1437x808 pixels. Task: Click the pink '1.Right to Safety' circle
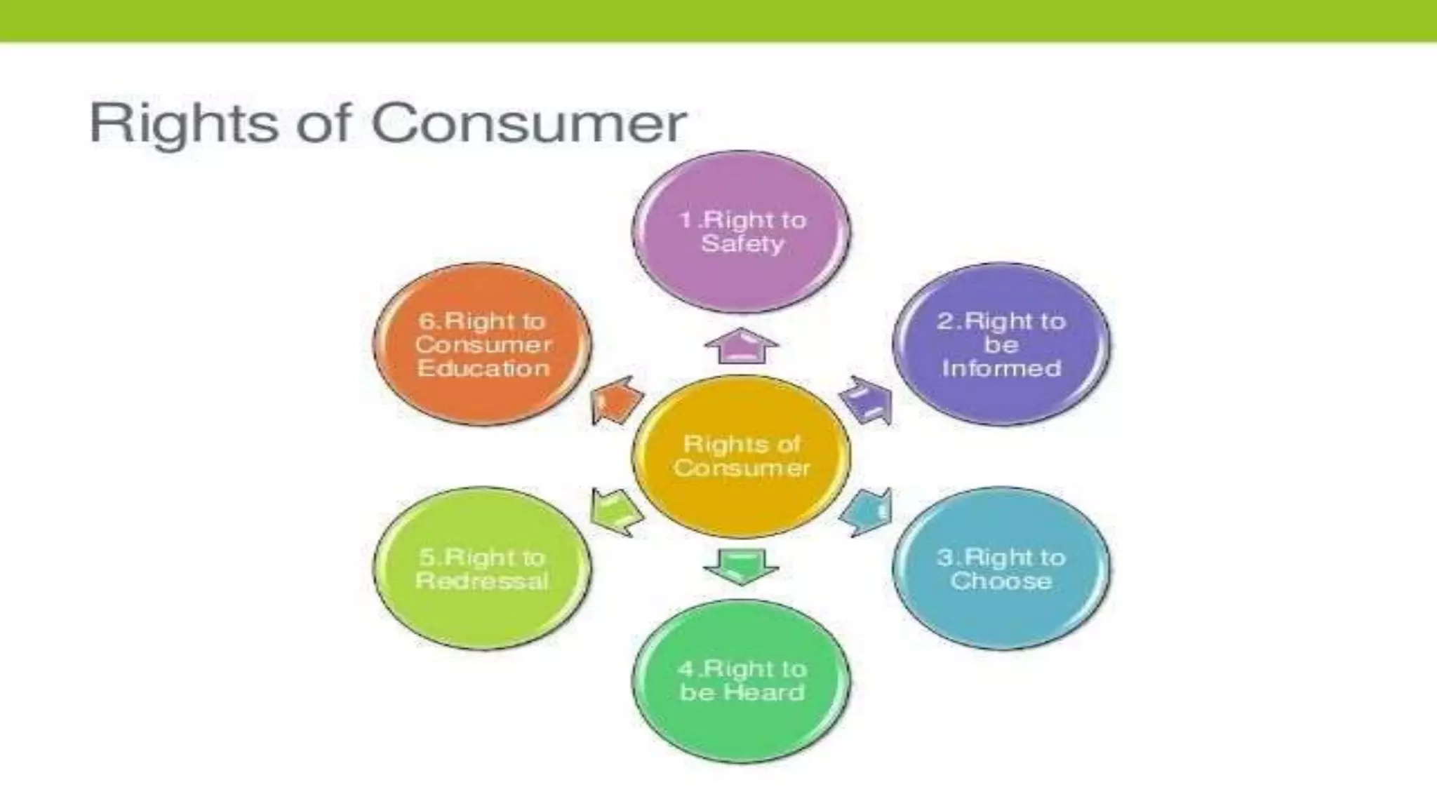[x=742, y=231]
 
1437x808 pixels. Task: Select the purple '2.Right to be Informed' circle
[x=1001, y=344]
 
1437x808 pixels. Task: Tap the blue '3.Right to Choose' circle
[x=1001, y=568]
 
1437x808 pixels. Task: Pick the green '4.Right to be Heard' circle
[x=742, y=680]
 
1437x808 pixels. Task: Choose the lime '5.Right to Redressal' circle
[x=482, y=568]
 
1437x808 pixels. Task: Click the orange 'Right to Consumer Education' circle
[x=482, y=344]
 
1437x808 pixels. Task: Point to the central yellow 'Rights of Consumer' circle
[x=742, y=456]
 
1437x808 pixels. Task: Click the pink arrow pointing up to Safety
[x=742, y=346]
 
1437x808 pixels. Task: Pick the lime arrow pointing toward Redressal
[x=615, y=512]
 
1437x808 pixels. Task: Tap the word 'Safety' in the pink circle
[x=742, y=244]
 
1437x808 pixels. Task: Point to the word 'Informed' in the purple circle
[x=1001, y=368]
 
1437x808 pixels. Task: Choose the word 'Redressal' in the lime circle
[x=482, y=581]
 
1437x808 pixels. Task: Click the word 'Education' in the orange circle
[x=483, y=368]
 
